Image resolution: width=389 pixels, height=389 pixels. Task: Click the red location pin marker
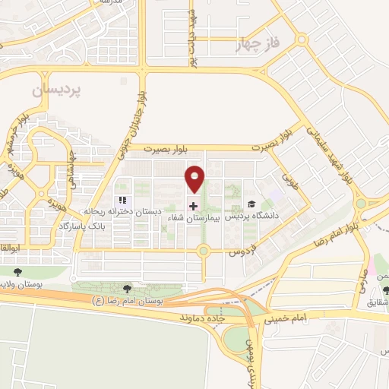tap(195, 179)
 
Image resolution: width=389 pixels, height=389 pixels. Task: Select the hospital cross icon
tap(193, 206)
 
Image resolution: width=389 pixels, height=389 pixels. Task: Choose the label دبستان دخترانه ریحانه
tap(144, 210)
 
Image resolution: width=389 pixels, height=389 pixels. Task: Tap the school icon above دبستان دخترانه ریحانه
tap(122, 200)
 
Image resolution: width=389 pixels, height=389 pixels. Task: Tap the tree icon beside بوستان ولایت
tap(17, 270)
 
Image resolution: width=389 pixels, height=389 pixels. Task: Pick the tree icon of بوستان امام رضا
tap(127, 288)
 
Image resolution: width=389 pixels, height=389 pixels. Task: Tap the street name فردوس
tap(242, 250)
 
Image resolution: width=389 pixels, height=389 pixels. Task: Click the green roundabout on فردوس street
tap(203, 251)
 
